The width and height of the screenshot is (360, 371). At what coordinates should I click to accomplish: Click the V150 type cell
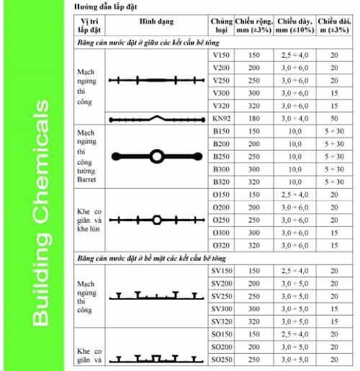pyautogui.click(x=221, y=55)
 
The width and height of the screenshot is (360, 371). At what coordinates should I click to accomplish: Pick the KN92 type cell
pyautogui.click(x=221, y=118)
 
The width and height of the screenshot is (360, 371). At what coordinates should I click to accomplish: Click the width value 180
pyautogui.click(x=254, y=118)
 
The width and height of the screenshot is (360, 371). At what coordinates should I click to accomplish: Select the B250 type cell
pyautogui.click(x=221, y=156)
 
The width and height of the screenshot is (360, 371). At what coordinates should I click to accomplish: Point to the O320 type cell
pyautogui.click(x=221, y=245)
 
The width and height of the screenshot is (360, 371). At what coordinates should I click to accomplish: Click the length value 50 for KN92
pyautogui.click(x=334, y=118)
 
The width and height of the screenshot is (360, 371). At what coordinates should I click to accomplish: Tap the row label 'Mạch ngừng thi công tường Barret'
pyautogui.click(x=90, y=156)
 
